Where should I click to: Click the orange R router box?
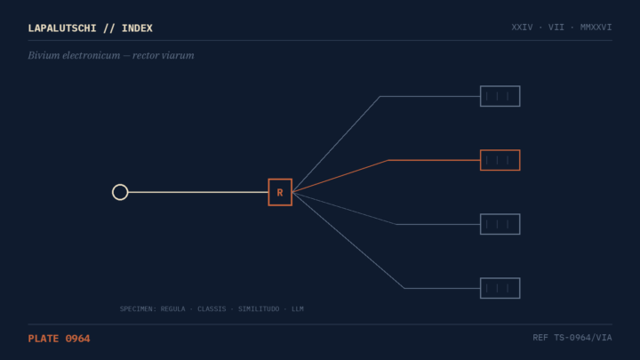(x=280, y=192)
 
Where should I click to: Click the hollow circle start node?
(x=120, y=185)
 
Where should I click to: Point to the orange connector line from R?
(x=387, y=160)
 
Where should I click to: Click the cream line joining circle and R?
(x=198, y=192)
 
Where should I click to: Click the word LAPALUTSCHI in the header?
(x=62, y=28)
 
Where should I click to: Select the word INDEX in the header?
(x=137, y=28)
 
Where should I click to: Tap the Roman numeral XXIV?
(x=522, y=28)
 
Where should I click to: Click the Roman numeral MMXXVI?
(x=596, y=28)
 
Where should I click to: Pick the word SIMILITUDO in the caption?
(x=259, y=309)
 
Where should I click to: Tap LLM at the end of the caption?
(x=298, y=309)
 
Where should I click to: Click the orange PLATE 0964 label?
(x=60, y=339)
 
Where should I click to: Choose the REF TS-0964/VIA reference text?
(x=572, y=338)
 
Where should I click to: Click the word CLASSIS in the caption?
(x=212, y=309)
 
